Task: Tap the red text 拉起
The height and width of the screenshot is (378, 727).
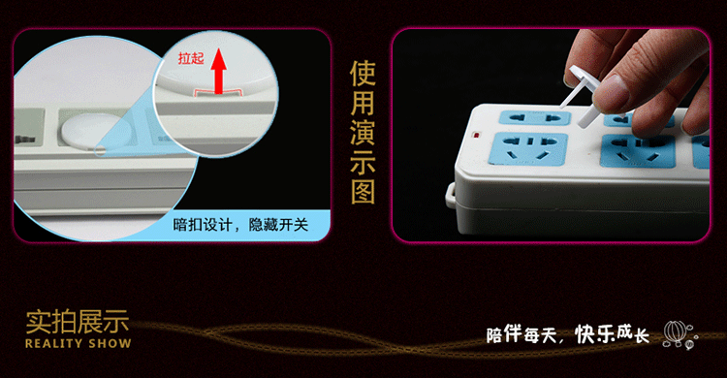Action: (191, 58)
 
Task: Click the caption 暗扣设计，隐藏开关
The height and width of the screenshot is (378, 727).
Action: (240, 225)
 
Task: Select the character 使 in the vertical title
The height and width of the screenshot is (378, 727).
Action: (363, 74)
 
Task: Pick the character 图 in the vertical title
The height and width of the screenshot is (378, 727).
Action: (363, 190)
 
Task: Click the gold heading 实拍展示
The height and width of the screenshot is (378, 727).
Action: (77, 322)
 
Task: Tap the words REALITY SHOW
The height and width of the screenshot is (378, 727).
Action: (79, 344)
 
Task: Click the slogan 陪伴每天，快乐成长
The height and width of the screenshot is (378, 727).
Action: (567, 334)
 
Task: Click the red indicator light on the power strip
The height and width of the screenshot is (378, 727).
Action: (475, 136)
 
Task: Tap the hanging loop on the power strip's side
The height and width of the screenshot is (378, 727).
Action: (450, 196)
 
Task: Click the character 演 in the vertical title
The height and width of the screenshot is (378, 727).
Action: (363, 132)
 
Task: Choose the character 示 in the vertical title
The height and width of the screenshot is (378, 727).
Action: (363, 161)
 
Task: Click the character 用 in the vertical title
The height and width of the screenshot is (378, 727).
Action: (363, 103)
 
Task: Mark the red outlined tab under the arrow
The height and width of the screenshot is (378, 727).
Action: (218, 93)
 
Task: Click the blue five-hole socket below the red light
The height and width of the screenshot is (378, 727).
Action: (528, 149)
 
